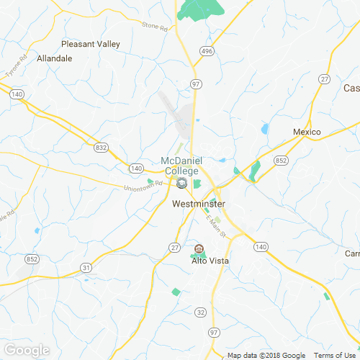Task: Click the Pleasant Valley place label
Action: pyautogui.click(x=91, y=44)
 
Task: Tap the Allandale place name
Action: pyautogui.click(x=55, y=58)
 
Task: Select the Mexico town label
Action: pyautogui.click(x=306, y=132)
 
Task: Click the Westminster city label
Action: pyautogui.click(x=199, y=204)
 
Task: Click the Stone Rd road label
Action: pyautogui.click(x=154, y=27)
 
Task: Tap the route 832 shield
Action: pyautogui.click(x=100, y=148)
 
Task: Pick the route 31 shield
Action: pyautogui.click(x=86, y=268)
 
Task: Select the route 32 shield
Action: pyautogui.click(x=201, y=312)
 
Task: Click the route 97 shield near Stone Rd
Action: pyautogui.click(x=195, y=84)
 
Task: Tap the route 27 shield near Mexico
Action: pyautogui.click(x=325, y=78)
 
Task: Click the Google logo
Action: pyautogui.click(x=26, y=351)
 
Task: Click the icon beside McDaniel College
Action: pyautogui.click(x=181, y=184)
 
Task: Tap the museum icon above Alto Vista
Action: pyautogui.click(x=199, y=249)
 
